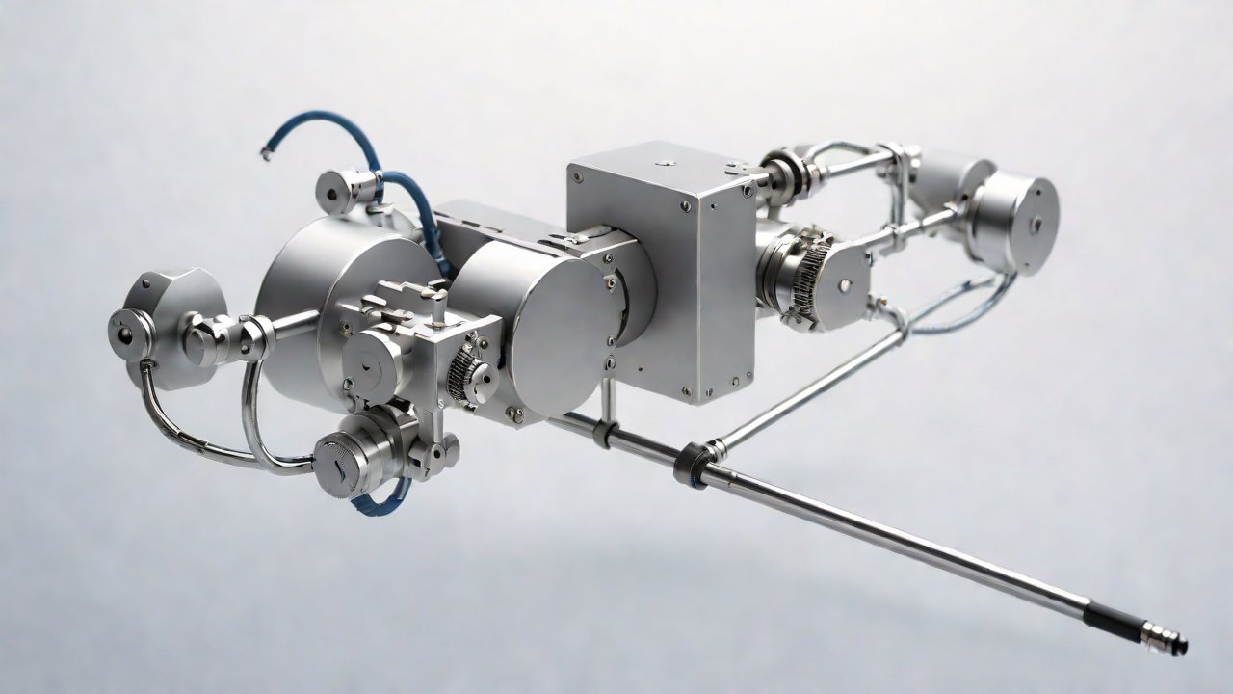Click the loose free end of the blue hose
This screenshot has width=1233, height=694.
coord(266,150)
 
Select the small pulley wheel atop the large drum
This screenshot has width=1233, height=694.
coord(338,191)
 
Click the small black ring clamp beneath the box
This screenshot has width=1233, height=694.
coord(604,433)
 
